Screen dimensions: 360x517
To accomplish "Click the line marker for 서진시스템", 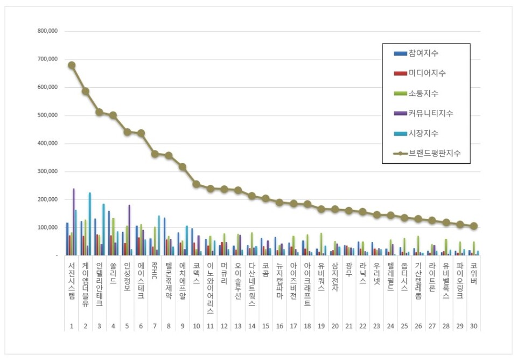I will (72, 65).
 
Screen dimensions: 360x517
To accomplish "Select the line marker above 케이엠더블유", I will (86, 91).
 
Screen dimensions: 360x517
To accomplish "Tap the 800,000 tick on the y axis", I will (47, 31).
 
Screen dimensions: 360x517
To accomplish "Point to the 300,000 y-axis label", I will (47, 171).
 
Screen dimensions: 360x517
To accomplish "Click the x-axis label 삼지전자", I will (336, 280).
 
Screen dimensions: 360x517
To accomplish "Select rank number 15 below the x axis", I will (266, 327).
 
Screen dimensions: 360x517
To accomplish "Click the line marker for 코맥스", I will (196, 184).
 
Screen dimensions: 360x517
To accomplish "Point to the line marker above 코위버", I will (473, 226).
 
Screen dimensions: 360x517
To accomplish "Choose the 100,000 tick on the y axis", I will (47, 227).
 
